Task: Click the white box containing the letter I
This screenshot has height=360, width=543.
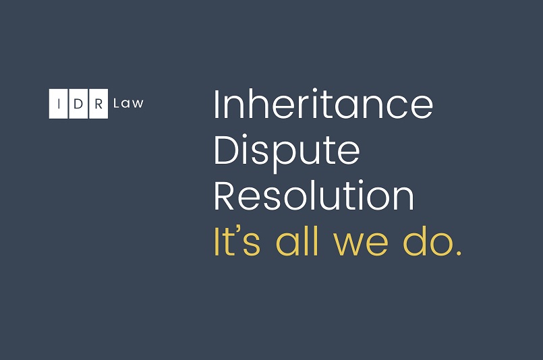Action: pos(58,104)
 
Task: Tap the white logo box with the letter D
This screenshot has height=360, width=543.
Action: pos(78,104)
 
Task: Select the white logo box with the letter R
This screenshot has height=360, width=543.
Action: pos(98,104)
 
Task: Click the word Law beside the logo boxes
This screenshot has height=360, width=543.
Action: pos(128,103)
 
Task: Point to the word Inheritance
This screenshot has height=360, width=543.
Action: pos(324,104)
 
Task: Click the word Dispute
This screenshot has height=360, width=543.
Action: pos(287,153)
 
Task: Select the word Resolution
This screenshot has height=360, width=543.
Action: pos(314,196)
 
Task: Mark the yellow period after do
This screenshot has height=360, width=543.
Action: pos(459,253)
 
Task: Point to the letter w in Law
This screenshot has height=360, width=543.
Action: pos(137,104)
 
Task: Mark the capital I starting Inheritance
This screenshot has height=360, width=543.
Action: pos(217,104)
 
